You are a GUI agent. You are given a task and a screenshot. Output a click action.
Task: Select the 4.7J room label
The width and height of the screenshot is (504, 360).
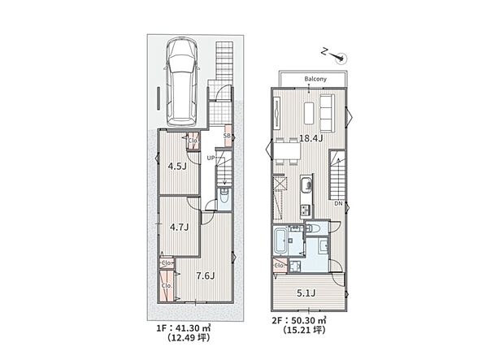pos(179,228)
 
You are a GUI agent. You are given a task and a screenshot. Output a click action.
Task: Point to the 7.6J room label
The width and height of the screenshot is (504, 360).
pos(205,275)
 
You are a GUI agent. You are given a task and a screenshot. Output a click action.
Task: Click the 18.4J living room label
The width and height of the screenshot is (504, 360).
pos(312,138)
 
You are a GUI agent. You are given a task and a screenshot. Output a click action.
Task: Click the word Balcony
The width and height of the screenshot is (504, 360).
pos(316,79)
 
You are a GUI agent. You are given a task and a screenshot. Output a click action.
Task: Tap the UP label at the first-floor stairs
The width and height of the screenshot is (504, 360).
pos(211,157)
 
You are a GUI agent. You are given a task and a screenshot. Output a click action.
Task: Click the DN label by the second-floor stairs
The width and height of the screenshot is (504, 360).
pos(337,204)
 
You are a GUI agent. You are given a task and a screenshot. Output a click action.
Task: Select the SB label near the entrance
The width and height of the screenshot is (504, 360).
pos(228,136)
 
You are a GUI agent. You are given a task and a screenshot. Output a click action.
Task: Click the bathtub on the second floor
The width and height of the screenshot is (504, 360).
pos(281,241)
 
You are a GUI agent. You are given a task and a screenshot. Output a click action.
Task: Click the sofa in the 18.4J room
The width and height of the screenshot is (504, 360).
pos(327,112)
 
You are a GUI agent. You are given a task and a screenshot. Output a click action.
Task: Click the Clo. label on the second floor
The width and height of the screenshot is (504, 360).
pos(280,265)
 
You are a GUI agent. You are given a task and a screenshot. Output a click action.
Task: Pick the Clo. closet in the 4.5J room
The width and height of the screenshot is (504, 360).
pos(193,141)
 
